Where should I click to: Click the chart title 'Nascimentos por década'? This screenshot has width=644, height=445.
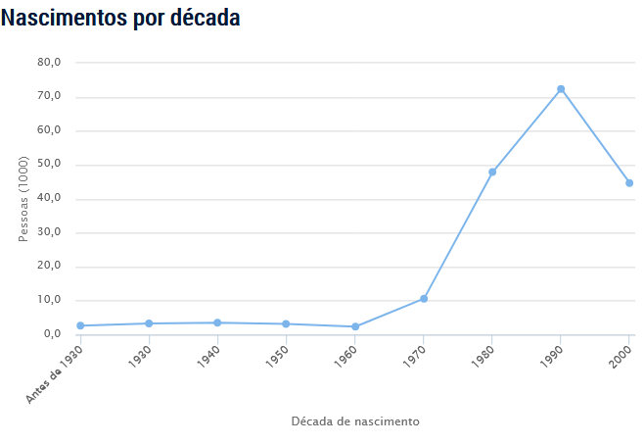(x=120, y=18)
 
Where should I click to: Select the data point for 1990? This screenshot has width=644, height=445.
(x=561, y=89)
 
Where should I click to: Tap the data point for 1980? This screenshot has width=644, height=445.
(x=492, y=172)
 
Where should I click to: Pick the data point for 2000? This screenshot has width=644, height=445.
(x=629, y=183)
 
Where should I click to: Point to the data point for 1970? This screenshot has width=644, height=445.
(x=424, y=298)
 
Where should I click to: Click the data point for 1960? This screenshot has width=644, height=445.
(x=355, y=326)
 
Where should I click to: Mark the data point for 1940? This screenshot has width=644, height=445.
(x=217, y=322)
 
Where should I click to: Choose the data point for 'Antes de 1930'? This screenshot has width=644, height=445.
(x=80, y=325)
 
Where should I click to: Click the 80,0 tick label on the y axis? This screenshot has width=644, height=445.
(x=50, y=63)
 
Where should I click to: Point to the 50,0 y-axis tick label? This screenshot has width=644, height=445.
(x=50, y=165)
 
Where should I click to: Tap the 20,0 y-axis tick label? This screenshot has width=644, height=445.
(x=50, y=267)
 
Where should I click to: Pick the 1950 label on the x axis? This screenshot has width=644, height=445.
(x=277, y=355)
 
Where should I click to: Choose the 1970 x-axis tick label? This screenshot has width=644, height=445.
(x=414, y=355)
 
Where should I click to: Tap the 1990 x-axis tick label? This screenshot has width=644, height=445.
(x=551, y=355)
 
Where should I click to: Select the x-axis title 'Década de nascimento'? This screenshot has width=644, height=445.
(x=355, y=421)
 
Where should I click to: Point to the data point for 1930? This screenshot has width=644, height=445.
(x=149, y=323)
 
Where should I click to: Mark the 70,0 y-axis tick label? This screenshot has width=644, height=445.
(x=50, y=97)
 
